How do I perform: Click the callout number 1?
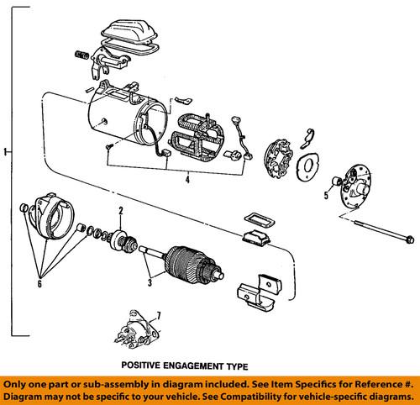[7, 152]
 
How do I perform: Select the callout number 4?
[187, 179]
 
